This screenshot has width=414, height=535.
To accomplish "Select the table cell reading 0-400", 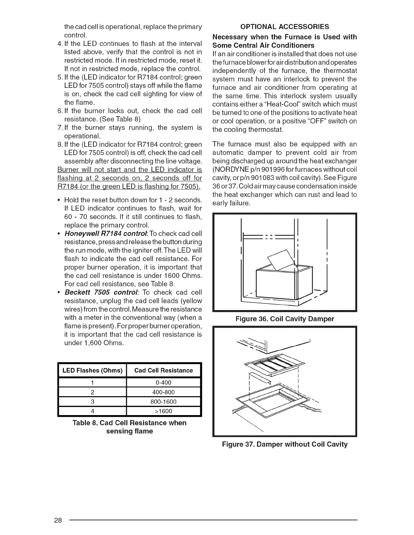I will (163, 383).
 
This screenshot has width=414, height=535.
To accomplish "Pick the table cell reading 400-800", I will (163, 392).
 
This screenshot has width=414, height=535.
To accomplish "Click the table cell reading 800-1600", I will (163, 402).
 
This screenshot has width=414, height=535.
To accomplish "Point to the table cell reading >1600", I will (163, 411).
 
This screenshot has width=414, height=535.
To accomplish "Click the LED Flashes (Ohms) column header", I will (92, 371).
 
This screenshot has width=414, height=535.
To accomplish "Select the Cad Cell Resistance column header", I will (163, 371).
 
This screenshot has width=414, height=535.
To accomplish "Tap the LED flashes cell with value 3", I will (92, 402).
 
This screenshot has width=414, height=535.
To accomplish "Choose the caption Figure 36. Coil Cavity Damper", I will (284, 319).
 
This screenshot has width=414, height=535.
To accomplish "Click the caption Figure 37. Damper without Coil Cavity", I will (284, 444).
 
